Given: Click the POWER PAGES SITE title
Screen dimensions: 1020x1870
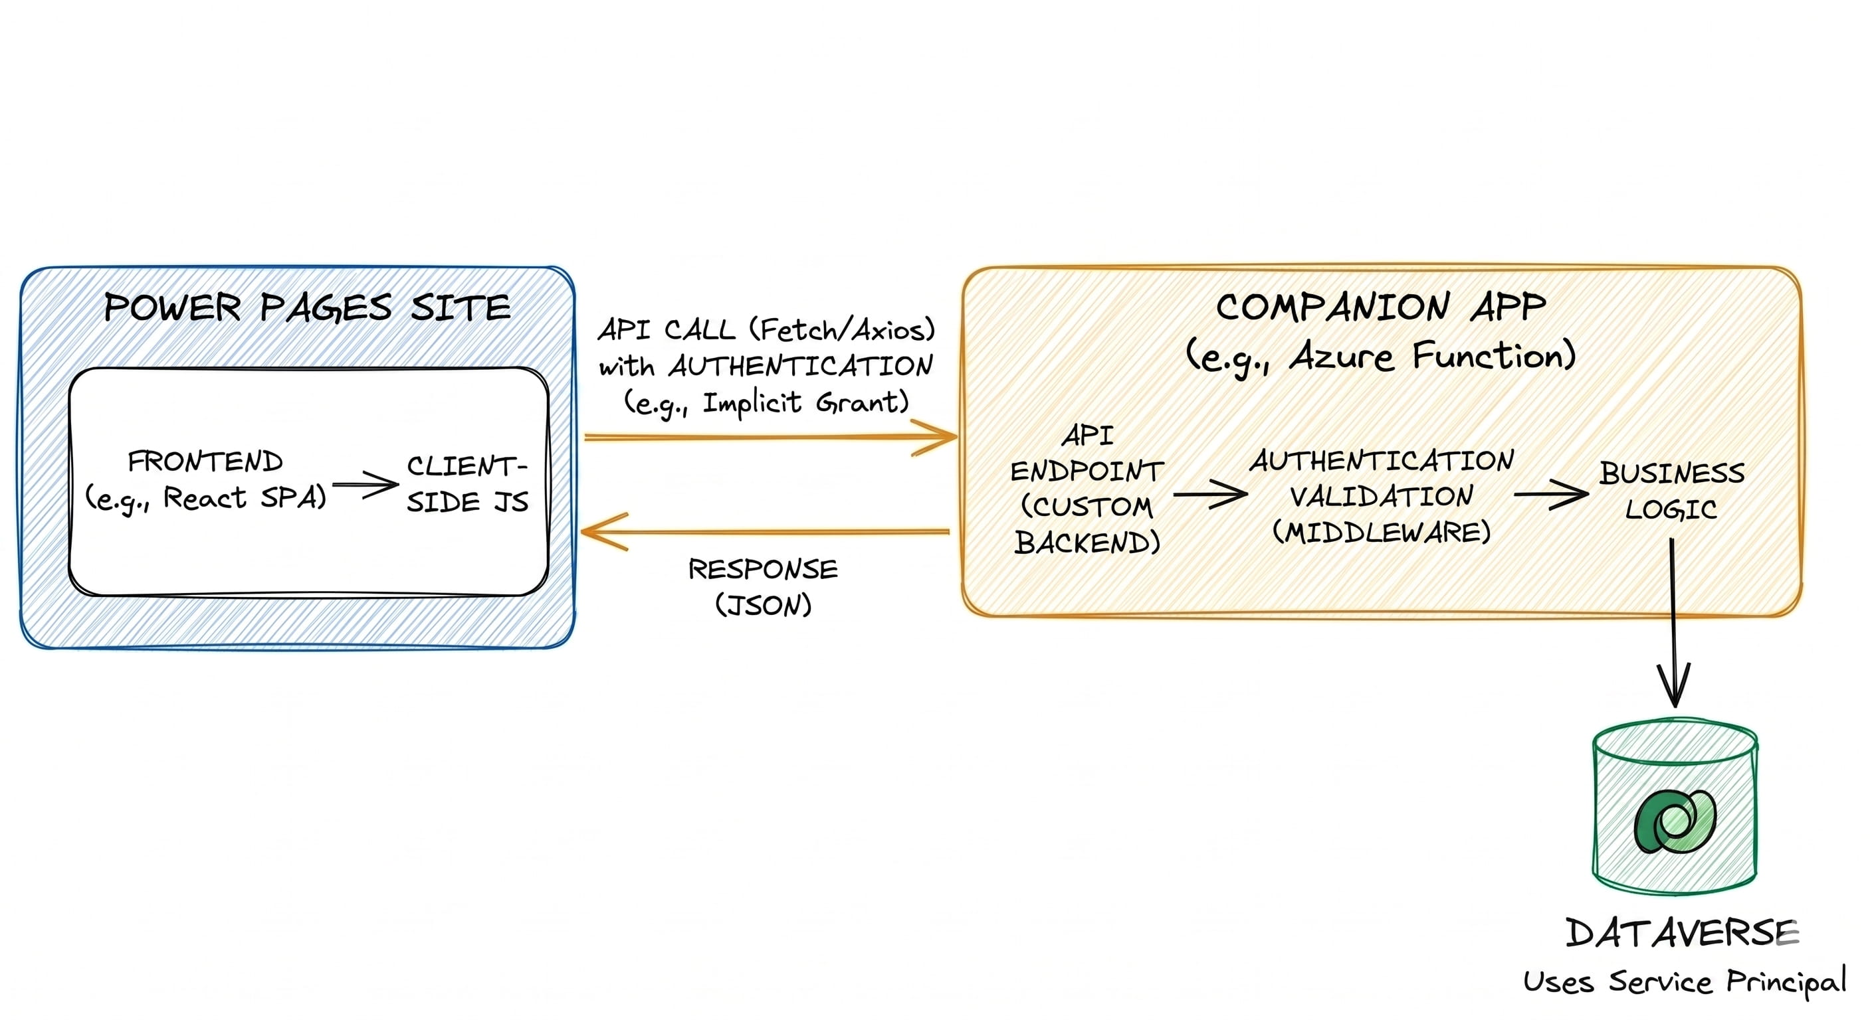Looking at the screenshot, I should [x=307, y=307].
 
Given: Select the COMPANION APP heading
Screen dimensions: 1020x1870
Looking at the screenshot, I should [x=1381, y=307].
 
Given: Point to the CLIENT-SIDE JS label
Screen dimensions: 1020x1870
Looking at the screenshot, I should [x=467, y=484].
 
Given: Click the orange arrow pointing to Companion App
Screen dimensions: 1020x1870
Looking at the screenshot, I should [x=770, y=437].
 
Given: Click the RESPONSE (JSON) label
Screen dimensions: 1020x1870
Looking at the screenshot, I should [x=763, y=586].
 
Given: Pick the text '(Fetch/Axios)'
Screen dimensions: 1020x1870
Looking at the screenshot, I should [x=842, y=330].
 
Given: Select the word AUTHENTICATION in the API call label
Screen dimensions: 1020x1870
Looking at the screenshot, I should [x=801, y=367].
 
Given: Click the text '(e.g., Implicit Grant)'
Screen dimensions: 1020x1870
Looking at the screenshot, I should [x=767, y=402].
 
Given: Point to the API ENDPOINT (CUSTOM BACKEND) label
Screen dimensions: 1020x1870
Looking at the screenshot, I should [x=1087, y=489].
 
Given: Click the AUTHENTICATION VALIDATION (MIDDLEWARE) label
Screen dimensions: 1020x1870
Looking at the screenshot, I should [x=1382, y=496].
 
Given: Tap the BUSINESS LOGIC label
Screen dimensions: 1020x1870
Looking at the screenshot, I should [x=1671, y=491].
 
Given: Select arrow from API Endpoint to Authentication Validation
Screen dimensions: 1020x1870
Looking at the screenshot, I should [x=1209, y=494].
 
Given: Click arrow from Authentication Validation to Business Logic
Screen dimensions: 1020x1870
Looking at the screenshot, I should [x=1550, y=494].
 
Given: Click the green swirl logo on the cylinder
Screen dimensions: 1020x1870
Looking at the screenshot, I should [x=1675, y=821].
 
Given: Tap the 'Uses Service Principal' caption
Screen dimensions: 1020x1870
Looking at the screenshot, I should [x=1684, y=981].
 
